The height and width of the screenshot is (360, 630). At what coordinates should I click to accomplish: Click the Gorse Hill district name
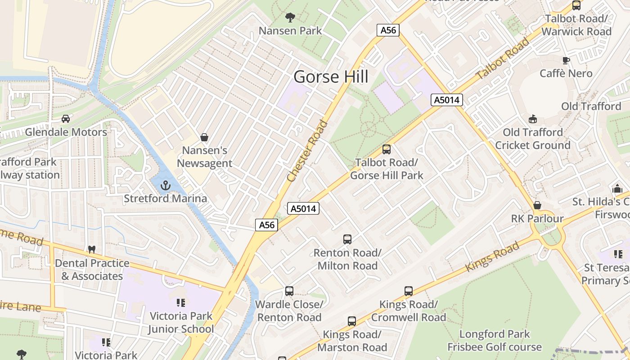331,77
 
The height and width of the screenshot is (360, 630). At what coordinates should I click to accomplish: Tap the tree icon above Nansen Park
290,18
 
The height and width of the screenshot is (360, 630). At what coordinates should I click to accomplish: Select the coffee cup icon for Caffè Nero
566,60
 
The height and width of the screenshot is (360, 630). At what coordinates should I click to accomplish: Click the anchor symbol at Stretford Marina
166,185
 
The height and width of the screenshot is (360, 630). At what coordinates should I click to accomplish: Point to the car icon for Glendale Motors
66,119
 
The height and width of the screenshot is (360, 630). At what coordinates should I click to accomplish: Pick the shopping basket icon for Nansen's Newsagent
204,137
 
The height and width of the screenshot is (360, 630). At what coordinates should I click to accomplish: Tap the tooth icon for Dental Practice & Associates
92,249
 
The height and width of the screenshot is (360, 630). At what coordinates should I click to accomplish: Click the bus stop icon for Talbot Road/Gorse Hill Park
386,149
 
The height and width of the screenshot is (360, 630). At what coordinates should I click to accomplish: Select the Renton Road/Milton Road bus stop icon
347,239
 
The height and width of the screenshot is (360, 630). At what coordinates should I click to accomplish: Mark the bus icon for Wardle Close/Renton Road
289,291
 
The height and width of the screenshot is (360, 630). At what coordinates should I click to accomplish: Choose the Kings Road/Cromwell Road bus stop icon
408,291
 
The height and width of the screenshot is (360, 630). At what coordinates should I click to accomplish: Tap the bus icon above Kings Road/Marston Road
352,321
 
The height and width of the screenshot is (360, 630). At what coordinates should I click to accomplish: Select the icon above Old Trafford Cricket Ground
533,119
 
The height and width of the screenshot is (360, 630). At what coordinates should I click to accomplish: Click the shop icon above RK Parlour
537,206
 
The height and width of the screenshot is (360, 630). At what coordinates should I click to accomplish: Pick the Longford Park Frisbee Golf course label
494,341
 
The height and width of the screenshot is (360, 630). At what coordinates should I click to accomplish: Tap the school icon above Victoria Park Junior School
181,303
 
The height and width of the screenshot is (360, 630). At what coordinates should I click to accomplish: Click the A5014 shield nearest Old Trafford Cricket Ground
446,100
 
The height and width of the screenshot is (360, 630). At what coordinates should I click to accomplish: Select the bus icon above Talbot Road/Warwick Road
576,5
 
